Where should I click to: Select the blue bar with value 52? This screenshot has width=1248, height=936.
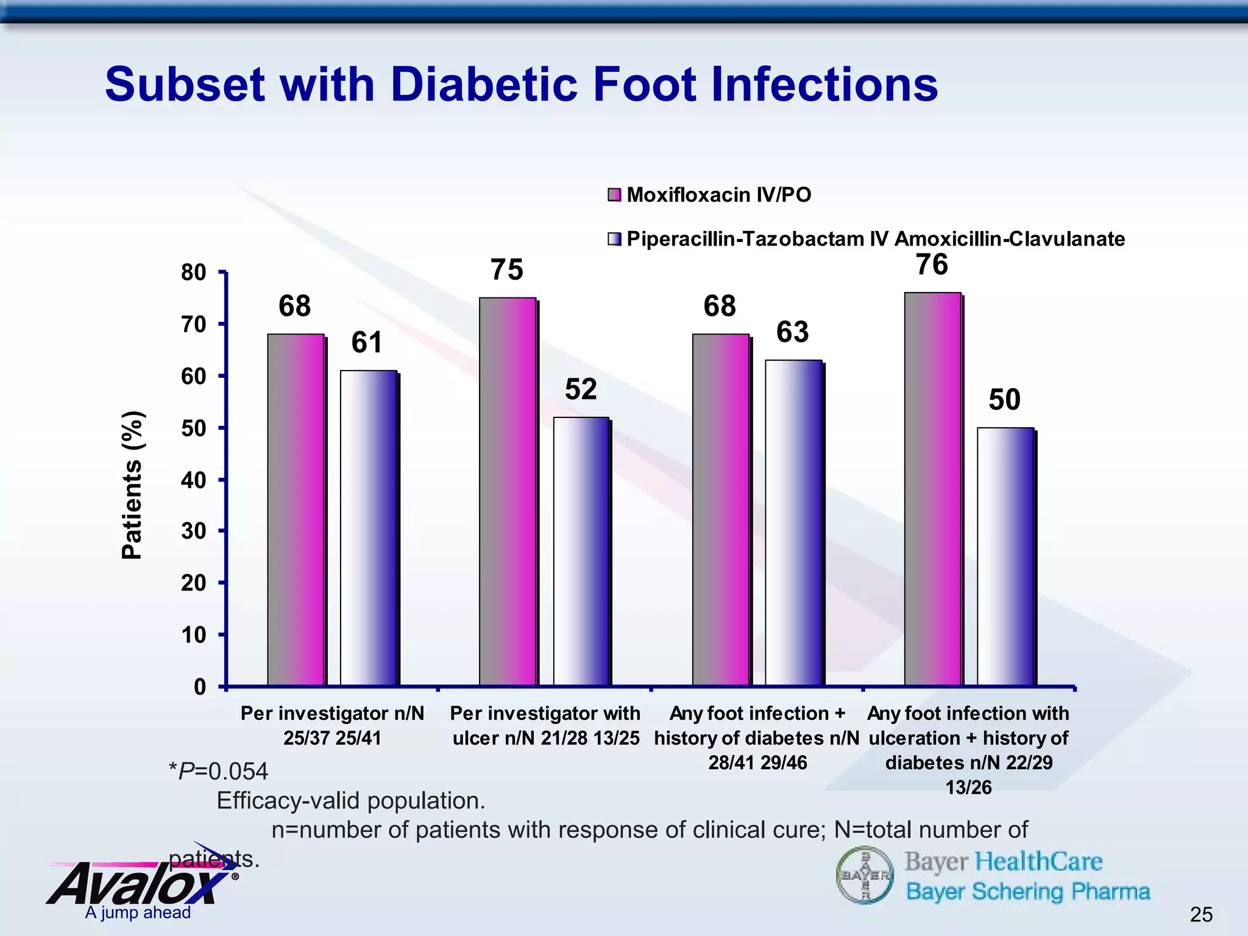(x=581, y=551)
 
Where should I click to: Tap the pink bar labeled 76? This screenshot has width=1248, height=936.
(x=932, y=489)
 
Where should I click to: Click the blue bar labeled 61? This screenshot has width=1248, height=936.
(x=369, y=528)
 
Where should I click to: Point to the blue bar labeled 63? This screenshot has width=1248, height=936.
(x=793, y=522)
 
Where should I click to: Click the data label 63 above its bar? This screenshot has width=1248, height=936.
(x=792, y=332)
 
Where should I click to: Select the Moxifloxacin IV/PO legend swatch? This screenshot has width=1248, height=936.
(x=614, y=195)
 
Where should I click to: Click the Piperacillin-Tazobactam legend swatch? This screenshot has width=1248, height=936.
(x=614, y=239)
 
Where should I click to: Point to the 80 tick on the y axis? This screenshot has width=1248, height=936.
(x=194, y=272)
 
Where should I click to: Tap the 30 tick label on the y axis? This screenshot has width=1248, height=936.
(x=194, y=531)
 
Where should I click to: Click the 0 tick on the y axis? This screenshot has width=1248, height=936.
(x=200, y=687)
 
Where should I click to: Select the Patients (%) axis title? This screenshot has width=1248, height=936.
(x=132, y=485)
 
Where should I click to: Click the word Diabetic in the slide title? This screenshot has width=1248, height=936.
(x=483, y=84)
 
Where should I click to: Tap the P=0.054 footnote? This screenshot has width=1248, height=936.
(x=218, y=771)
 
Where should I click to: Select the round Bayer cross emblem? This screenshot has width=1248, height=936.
(x=865, y=876)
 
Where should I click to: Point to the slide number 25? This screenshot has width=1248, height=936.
(x=1201, y=914)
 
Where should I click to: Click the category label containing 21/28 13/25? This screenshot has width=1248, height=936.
(x=545, y=726)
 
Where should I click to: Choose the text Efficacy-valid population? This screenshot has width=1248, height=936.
(x=351, y=801)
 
